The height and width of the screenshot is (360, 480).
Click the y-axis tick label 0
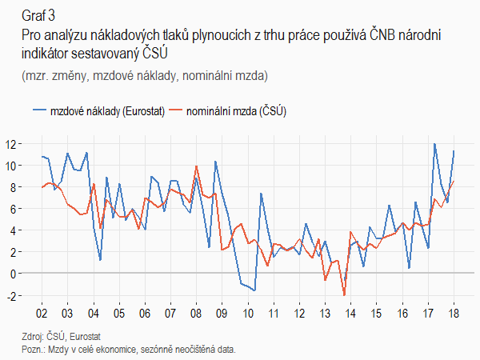tap(14, 273)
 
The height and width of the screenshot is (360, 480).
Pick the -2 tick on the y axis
tap(12, 294)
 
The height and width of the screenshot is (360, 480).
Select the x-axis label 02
tap(41, 313)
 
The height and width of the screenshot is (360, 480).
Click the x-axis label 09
tap(222, 313)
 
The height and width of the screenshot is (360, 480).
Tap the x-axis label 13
tap(325, 313)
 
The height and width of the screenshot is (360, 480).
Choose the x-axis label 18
tap(454, 313)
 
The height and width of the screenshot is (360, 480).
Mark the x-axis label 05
tap(118, 313)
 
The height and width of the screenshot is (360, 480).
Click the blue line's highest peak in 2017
tap(434, 144)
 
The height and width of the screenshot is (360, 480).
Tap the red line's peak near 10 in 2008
tap(196, 166)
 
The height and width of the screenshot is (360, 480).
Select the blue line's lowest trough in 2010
tap(254, 290)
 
